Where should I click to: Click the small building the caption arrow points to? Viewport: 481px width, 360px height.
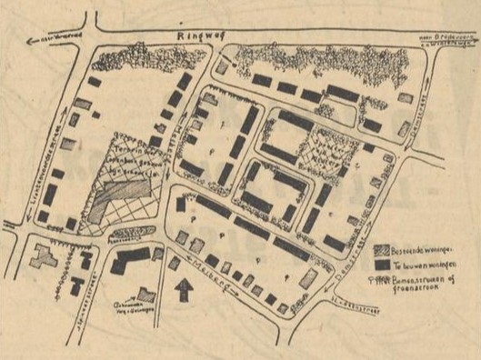(146, 293)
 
